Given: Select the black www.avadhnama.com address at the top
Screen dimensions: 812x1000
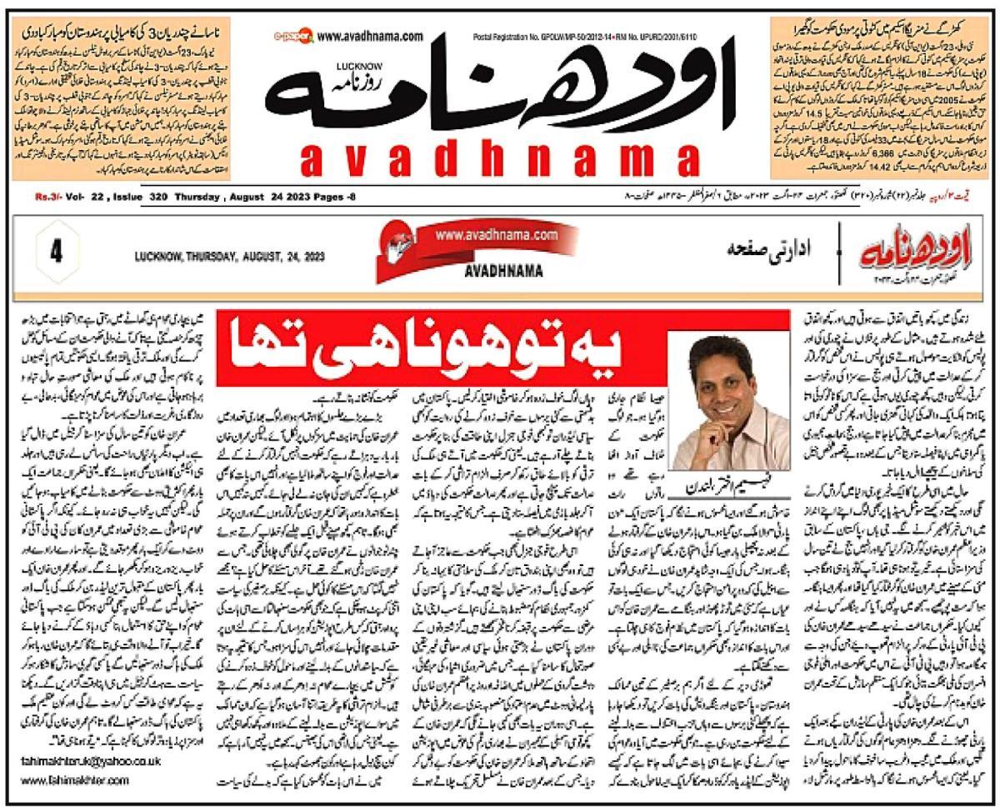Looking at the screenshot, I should tap(370, 37).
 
